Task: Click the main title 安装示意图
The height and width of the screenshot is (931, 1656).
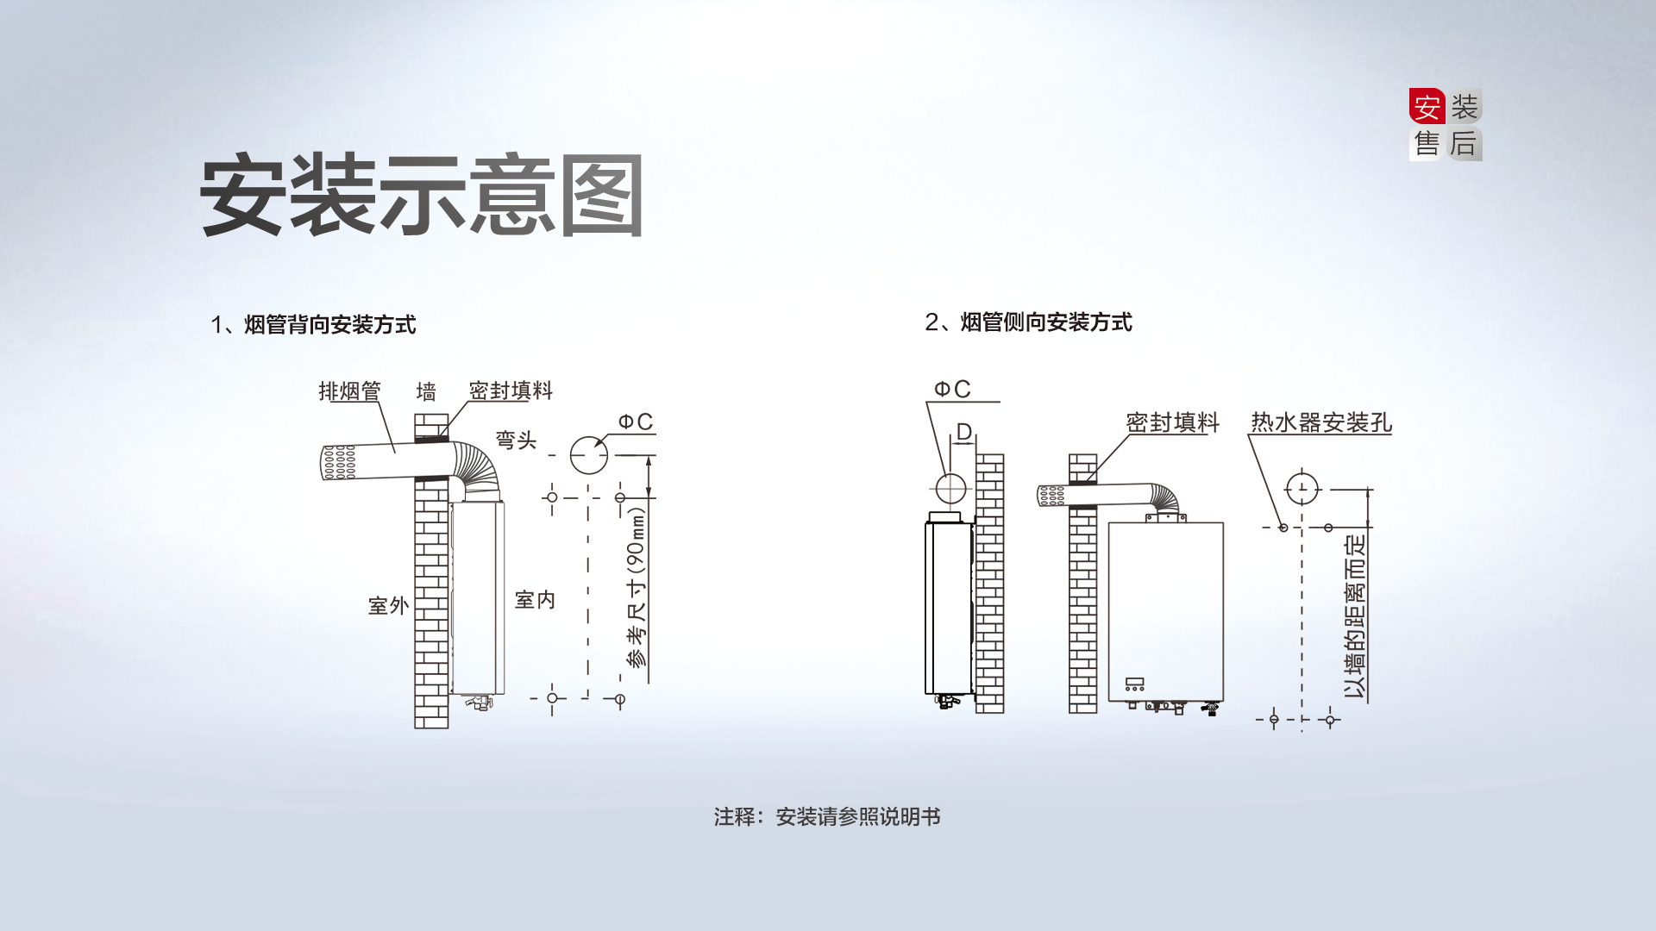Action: pyautogui.click(x=422, y=196)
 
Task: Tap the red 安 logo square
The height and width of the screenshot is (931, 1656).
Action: pyautogui.click(x=1427, y=108)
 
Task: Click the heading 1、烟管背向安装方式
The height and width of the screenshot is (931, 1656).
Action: pyautogui.click(x=313, y=325)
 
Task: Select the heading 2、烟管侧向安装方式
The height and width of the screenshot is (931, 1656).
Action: pyautogui.click(x=1028, y=322)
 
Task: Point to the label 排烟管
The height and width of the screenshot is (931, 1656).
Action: pyautogui.click(x=349, y=391)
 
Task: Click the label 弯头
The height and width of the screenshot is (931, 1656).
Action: pyautogui.click(x=516, y=441)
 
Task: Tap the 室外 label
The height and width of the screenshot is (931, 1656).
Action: pyautogui.click(x=388, y=605)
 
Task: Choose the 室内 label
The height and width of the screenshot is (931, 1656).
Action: pyautogui.click(x=535, y=600)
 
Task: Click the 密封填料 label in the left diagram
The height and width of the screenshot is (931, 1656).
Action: pyautogui.click(x=511, y=391)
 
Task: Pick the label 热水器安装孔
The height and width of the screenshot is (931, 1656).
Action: pyautogui.click(x=1320, y=422)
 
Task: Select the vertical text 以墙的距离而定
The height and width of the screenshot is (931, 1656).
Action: pyautogui.click(x=1355, y=615)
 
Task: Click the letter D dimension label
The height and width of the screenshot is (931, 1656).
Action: pyautogui.click(x=963, y=432)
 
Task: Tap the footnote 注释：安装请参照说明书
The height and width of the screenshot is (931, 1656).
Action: pyautogui.click(x=826, y=816)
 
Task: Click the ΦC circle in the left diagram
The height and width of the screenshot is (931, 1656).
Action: pyautogui.click(x=589, y=454)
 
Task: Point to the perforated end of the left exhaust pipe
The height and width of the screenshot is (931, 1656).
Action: pyautogui.click(x=338, y=463)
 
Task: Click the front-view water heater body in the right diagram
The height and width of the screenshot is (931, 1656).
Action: pyautogui.click(x=1165, y=603)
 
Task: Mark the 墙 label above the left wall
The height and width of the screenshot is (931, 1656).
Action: pyautogui.click(x=426, y=392)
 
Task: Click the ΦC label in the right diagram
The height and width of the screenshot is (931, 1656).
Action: pyautogui.click(x=952, y=390)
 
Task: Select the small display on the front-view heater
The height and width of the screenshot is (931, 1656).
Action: pyautogui.click(x=1134, y=684)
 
